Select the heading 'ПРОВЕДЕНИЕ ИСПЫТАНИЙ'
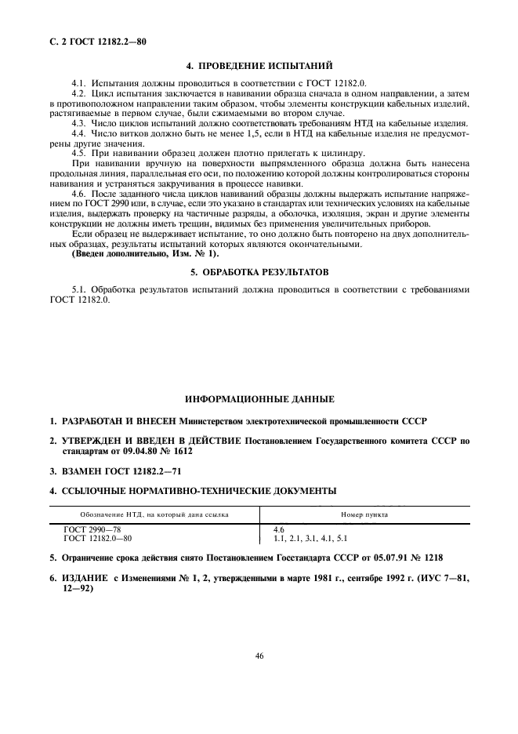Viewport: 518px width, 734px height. pos(267,66)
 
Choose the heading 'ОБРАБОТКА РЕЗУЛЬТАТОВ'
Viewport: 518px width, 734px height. pos(265,272)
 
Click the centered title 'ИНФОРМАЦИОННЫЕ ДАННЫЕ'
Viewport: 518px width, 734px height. pos(259,399)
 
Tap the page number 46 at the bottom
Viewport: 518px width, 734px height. pos(259,657)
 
